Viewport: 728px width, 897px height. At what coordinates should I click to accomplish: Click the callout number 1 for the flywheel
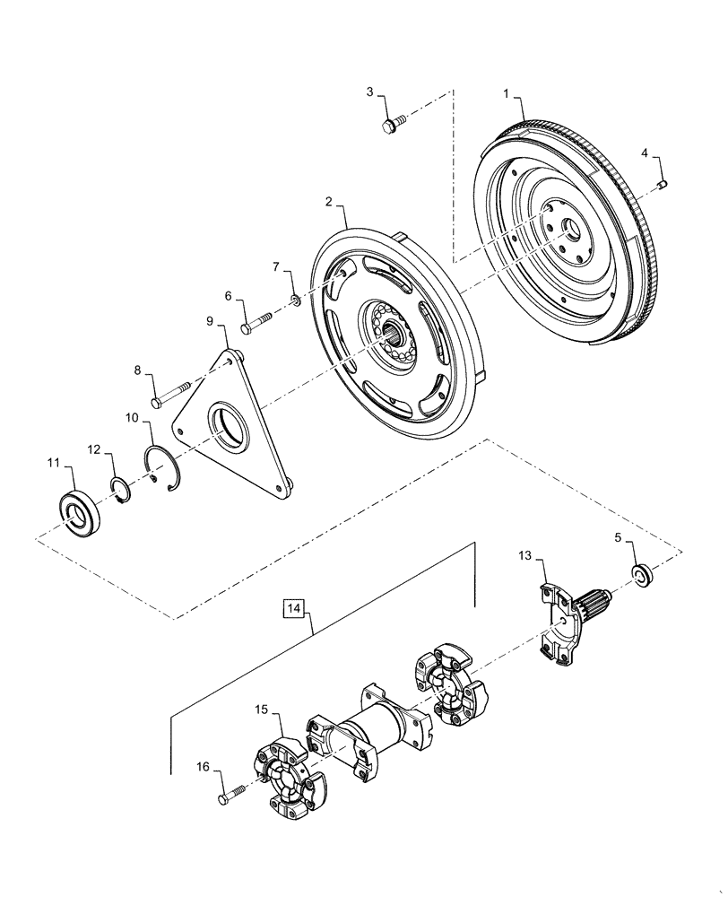coord(507,93)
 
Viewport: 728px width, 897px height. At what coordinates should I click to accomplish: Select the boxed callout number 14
coord(292,609)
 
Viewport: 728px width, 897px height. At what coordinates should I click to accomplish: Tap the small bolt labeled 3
coord(392,125)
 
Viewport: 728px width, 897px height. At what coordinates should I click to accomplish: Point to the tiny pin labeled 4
coord(663,185)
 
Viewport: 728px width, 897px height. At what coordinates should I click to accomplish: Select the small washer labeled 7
coord(294,300)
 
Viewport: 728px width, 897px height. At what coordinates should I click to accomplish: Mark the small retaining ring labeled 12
coord(121,490)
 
